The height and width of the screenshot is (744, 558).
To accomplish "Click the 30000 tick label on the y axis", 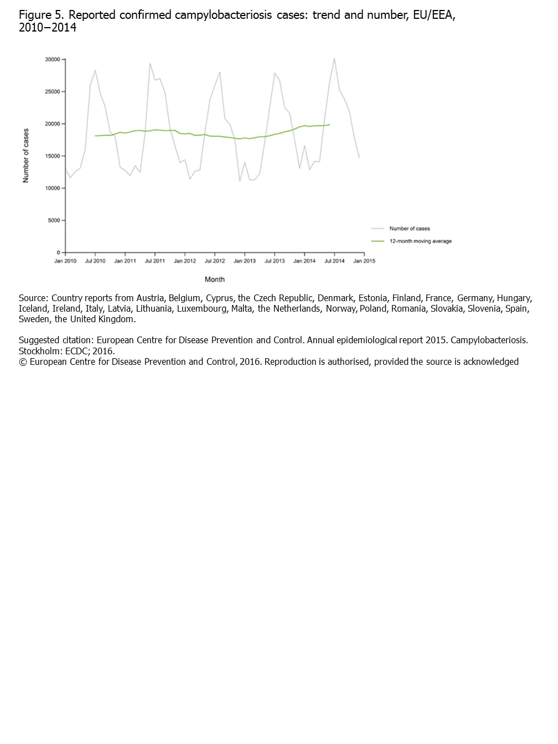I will (x=52, y=59).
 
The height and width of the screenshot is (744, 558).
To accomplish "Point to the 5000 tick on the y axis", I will (x=54, y=220).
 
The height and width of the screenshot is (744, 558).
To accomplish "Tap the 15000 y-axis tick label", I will (x=52, y=156).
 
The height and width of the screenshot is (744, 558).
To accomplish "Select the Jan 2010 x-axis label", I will (x=65, y=261).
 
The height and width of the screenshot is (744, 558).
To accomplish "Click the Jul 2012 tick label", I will (x=215, y=261).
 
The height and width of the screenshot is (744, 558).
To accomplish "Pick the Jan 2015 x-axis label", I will (x=364, y=261).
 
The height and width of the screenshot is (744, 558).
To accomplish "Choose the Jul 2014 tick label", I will (x=334, y=261).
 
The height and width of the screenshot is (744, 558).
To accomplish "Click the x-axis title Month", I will (x=215, y=280).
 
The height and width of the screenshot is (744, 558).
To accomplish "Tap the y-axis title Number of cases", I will (x=26, y=156).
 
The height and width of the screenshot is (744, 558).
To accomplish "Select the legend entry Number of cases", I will (x=409, y=229).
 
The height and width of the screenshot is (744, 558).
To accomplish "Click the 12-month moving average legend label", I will (x=420, y=241).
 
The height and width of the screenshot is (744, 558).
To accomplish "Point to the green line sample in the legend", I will (x=378, y=241).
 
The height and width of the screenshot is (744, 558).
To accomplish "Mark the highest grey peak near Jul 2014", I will (x=334, y=59).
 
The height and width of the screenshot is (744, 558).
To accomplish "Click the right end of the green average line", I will (x=329, y=125).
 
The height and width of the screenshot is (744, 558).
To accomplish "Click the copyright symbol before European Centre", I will (x=23, y=362).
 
